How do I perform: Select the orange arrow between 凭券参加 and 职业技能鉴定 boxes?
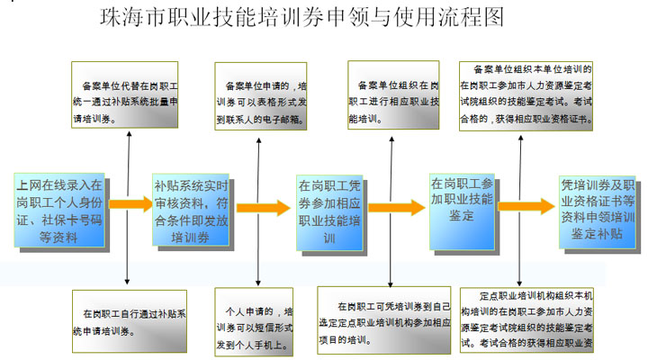[x=396, y=208]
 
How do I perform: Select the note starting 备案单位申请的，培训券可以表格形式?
[x=263, y=95]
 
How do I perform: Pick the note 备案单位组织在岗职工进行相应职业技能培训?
[x=393, y=95]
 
